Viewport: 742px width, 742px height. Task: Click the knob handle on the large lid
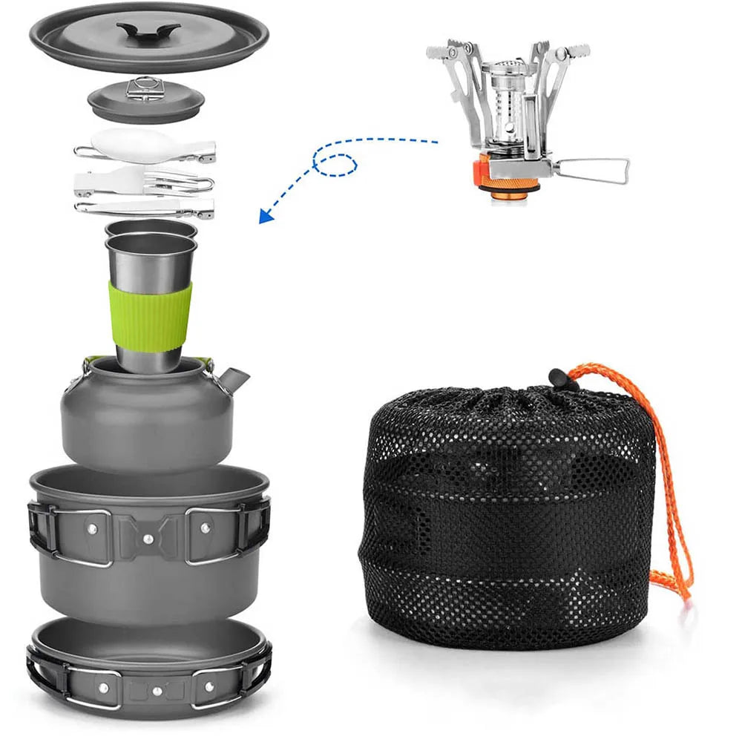[x=148, y=32]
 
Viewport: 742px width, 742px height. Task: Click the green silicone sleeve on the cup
[x=151, y=315]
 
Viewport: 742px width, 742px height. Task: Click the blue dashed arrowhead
[x=264, y=216]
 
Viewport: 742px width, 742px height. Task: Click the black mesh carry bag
[x=505, y=519]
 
